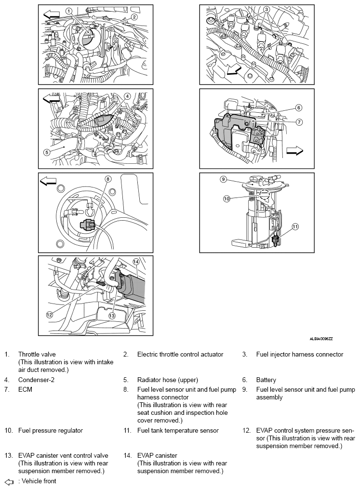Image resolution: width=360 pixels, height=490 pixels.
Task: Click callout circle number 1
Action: tap(69, 12)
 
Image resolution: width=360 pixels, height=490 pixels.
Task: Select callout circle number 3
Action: tap(266, 10)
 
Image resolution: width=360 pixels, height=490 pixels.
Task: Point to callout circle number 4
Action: tap(127, 96)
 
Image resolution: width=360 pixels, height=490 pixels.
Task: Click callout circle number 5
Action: tap(47, 152)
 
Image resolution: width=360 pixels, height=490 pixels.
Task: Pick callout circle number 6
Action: tap(299, 108)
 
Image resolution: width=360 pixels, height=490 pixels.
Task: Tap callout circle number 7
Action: tap(299, 122)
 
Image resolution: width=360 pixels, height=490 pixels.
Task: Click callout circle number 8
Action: tap(108, 179)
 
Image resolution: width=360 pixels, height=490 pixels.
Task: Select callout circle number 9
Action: tap(223, 179)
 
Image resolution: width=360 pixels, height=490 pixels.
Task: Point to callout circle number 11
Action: tap(295, 226)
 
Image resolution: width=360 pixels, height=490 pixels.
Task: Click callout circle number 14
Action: tap(135, 262)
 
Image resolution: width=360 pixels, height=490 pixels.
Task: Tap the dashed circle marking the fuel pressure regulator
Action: tap(265, 195)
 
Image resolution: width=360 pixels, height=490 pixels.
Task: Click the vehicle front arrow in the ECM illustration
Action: tap(294, 152)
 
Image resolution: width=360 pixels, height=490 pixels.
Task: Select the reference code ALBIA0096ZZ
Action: tap(321, 339)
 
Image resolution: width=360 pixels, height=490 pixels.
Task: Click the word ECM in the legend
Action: tap(26, 389)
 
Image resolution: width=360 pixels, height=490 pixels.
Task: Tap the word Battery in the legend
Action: tap(266, 380)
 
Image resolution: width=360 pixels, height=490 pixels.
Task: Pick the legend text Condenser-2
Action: tap(36, 380)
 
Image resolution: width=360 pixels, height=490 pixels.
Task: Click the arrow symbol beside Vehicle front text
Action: tap(9, 482)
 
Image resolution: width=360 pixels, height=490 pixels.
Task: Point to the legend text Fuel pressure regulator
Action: tap(51, 431)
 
